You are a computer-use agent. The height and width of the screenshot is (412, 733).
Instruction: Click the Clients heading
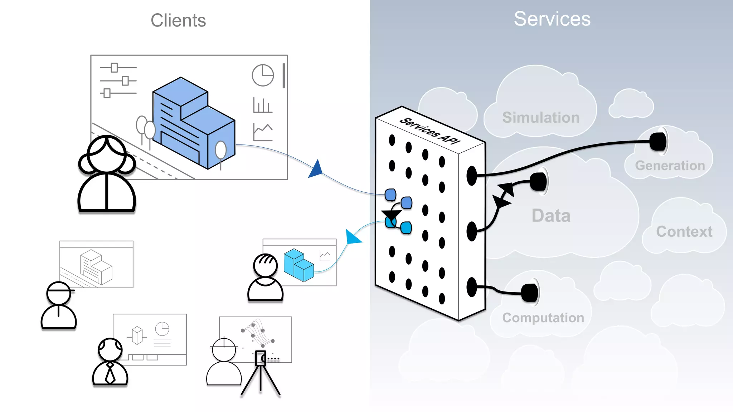point(178,20)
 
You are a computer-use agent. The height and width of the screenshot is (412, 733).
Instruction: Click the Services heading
point(552,19)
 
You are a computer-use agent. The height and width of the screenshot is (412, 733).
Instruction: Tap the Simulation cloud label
point(540,118)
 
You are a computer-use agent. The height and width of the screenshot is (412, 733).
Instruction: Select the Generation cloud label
point(670,166)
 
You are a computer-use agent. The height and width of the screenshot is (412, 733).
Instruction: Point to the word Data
point(551,216)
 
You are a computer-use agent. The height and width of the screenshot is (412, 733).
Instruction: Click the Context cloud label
point(684,232)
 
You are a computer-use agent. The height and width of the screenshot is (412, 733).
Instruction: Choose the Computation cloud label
point(543,318)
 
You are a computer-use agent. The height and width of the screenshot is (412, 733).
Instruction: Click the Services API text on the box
point(429,131)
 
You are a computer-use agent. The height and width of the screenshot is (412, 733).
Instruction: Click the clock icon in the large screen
point(263,75)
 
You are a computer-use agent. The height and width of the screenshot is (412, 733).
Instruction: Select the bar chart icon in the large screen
point(262,105)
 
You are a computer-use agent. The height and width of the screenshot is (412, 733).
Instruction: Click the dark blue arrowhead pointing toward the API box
point(316,170)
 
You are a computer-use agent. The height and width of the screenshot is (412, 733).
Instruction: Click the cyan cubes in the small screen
point(298,265)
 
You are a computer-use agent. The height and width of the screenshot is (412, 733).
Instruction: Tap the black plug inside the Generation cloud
point(658,142)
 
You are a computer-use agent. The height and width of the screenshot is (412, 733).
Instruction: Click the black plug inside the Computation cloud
point(530,293)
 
